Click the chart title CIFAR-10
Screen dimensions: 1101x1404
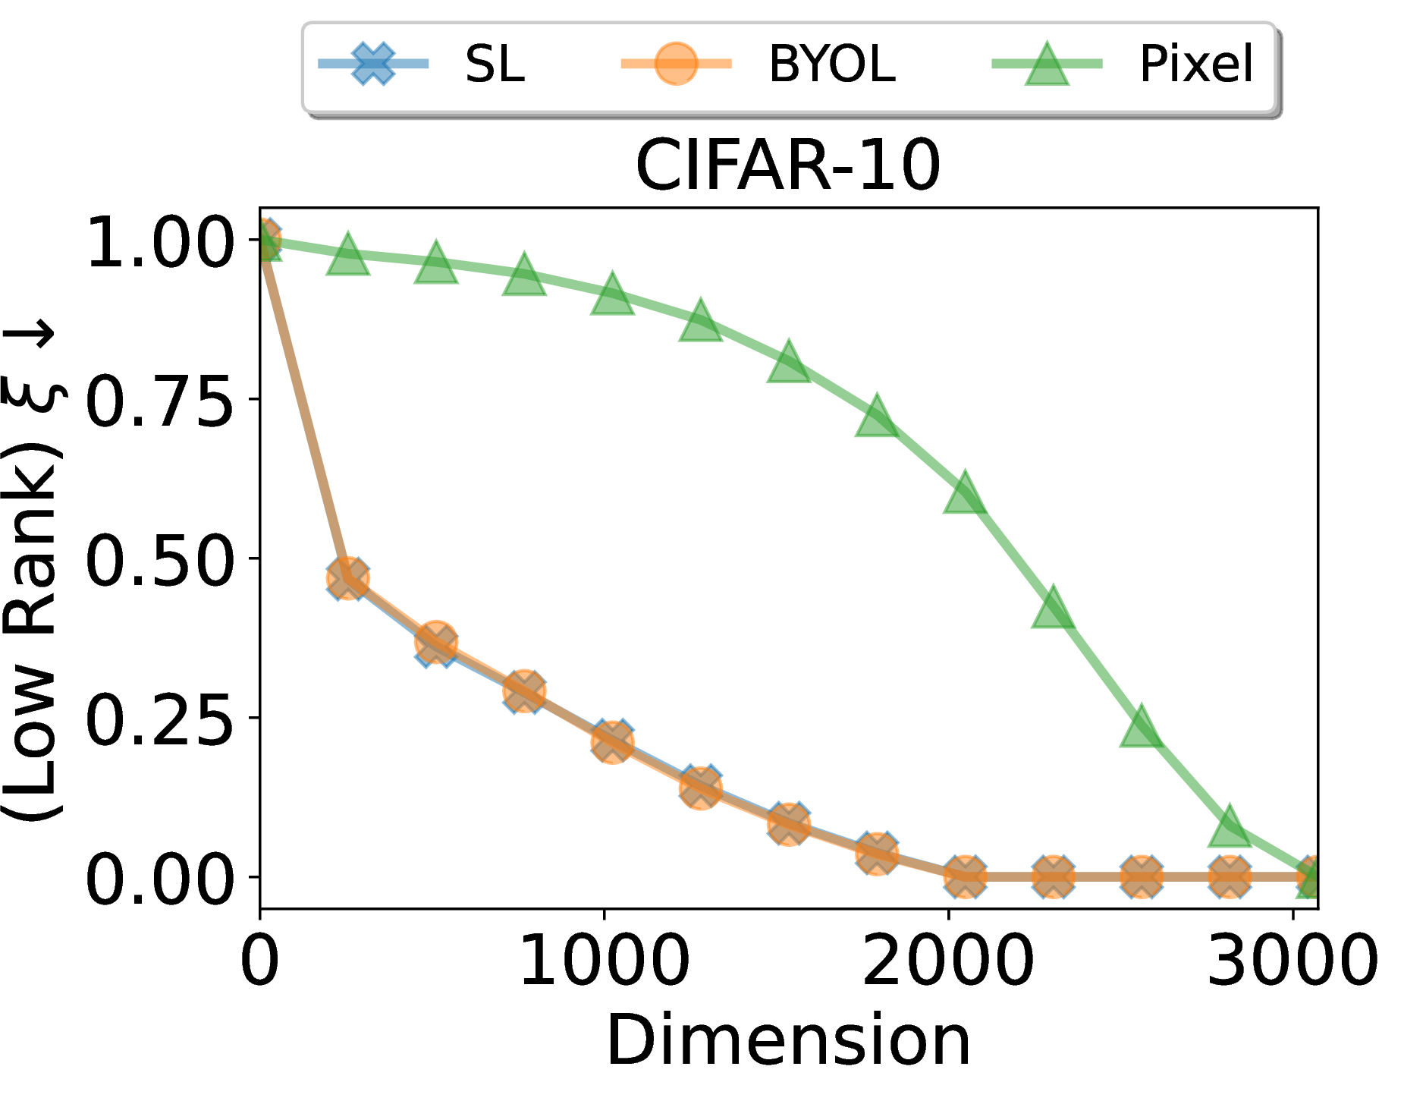(x=788, y=165)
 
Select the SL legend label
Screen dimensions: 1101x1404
(x=495, y=64)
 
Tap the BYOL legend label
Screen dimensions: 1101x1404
(x=831, y=64)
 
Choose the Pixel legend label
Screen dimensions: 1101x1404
(x=1196, y=64)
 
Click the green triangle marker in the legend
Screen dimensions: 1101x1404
(x=1047, y=65)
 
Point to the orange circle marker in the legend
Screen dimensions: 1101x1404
(x=676, y=64)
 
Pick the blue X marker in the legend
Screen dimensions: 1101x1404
(x=373, y=64)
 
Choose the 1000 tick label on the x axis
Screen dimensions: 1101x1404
(x=605, y=961)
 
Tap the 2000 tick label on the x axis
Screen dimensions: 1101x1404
(x=948, y=961)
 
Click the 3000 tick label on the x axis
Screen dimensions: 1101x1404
(x=1292, y=961)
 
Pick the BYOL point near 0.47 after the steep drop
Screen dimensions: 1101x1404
(x=347, y=579)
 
